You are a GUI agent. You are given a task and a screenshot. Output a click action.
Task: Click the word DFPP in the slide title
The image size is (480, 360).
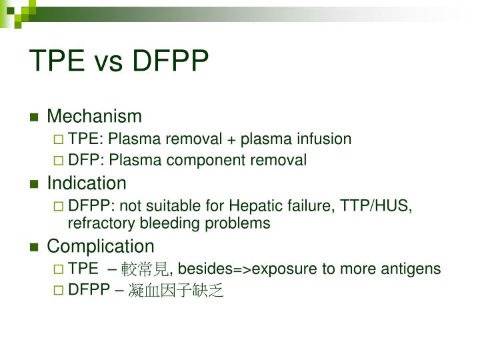[171, 61]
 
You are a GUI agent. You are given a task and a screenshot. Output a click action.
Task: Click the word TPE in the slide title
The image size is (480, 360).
[57, 61]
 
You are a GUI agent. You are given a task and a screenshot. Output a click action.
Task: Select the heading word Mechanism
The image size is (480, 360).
[94, 117]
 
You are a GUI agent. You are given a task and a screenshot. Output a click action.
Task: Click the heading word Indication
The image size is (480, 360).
[86, 183]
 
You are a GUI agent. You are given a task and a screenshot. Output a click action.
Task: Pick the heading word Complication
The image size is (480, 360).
[100, 246]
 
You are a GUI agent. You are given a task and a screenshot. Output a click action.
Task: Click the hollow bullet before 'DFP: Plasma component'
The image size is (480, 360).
[59, 161]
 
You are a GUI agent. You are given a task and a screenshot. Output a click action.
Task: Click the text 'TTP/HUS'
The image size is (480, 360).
[377, 205]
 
